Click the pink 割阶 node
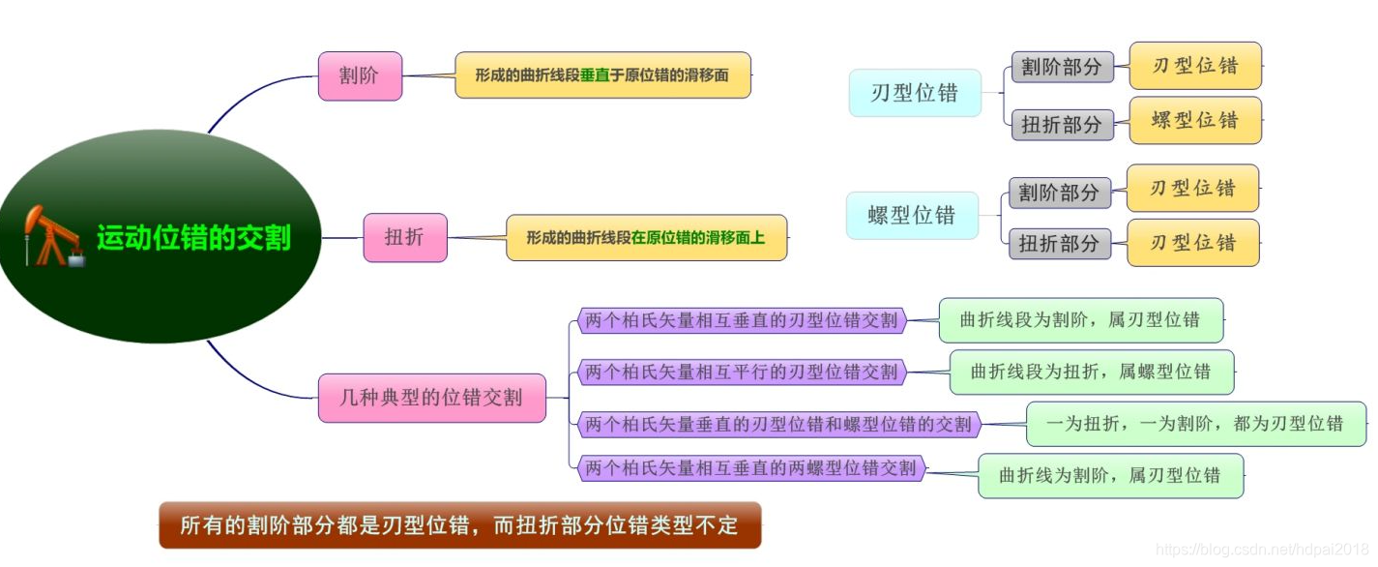pos(360,75)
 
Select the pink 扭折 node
pos(405,237)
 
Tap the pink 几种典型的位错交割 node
pos(431,397)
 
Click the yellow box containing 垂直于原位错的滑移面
pos(602,75)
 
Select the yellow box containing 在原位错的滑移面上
pos(646,237)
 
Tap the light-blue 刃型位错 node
pos(915,93)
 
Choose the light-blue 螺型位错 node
pos(912,215)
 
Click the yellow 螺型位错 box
pos(1195,120)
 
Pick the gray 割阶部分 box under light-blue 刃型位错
pos(1062,67)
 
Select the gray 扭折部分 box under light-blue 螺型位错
pos(1059,243)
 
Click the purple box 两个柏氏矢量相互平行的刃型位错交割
pos(742,372)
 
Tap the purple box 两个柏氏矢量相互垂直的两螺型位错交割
pos(750,468)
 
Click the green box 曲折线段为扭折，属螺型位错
pos(1091,372)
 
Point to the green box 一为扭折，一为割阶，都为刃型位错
pos(1195,424)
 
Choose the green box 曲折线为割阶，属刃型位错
pos(1110,475)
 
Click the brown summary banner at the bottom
pos(459,524)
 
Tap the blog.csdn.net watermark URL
pos(1262,550)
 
